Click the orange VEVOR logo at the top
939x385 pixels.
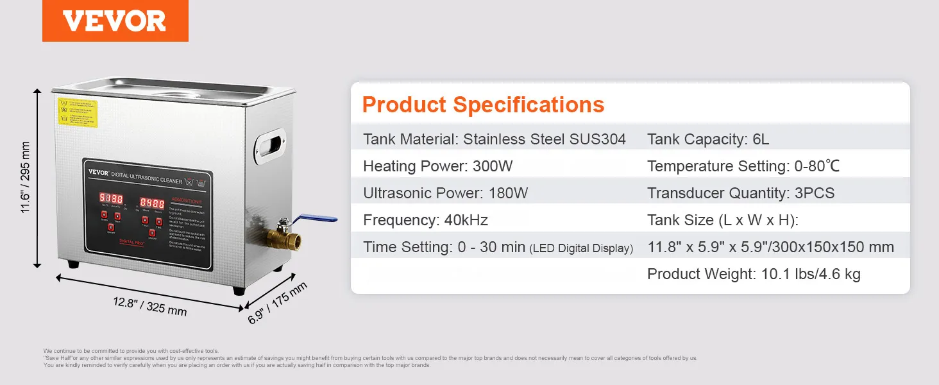pos(115,21)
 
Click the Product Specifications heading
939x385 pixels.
pos(483,105)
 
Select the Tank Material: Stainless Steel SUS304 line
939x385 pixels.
pos(494,139)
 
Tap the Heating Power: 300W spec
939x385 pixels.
pos(437,166)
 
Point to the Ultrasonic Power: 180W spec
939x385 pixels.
pos(445,193)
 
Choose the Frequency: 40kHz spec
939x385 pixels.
pos(425,220)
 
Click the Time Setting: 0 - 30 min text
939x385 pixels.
pos(444,247)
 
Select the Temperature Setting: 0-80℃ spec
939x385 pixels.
pos(743,166)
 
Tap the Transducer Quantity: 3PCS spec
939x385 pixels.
pos(740,193)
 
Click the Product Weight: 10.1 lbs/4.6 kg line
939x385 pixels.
pos(753,274)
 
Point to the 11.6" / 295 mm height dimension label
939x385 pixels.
pos(26,178)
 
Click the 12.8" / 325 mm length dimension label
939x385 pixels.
pos(150,306)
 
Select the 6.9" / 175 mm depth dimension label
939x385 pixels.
pos(277,303)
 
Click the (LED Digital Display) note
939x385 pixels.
pos(581,248)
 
